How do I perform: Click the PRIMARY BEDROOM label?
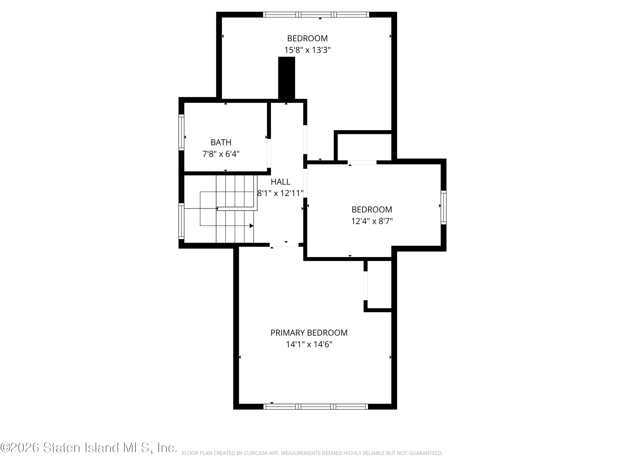pos(309,333)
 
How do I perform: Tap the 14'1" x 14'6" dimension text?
pos(309,344)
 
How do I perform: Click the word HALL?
pos(280,182)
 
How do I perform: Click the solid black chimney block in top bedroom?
pos(286,78)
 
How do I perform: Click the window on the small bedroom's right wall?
pos(444,207)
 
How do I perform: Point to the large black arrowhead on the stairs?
pos(251,226)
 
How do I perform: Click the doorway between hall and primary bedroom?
pos(284,245)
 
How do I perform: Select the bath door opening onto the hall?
pos(269,153)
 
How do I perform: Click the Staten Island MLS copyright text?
pos(89,448)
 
